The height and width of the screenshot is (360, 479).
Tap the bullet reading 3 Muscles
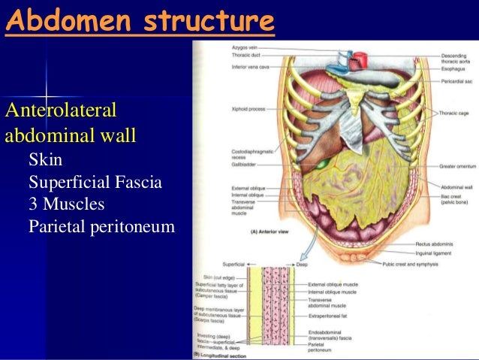[x=66, y=204]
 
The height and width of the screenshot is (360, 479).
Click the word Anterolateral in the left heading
[x=60, y=113]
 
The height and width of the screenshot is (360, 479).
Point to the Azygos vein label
[x=244, y=47]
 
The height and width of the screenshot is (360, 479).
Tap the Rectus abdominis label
[x=453, y=244]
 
